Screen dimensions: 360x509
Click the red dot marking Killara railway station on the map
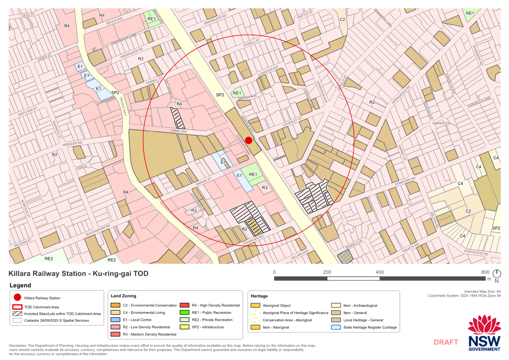pyautogui.click(x=248, y=140)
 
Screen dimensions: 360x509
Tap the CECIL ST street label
pyautogui.click(x=28, y=15)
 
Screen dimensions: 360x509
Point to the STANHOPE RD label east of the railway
pyautogui.click(x=405, y=182)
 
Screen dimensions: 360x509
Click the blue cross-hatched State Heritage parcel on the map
pyautogui.click(x=345, y=257)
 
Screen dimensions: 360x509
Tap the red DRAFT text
pyautogui.click(x=446, y=342)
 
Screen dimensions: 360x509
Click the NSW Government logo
pyautogui.click(x=484, y=334)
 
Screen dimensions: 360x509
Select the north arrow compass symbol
pyautogui.click(x=497, y=275)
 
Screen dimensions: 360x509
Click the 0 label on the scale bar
pyautogui.click(x=274, y=272)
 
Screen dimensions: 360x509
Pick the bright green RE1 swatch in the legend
pyautogui.click(x=184, y=313)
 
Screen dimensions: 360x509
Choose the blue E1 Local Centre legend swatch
pyautogui.click(x=116, y=320)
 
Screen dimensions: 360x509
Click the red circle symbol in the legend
pyautogui.click(x=17, y=297)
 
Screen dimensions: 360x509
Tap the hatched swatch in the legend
pyautogui.click(x=17, y=314)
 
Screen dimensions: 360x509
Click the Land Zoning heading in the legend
pyautogui.click(x=123, y=296)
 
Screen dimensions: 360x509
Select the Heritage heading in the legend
pyautogui.click(x=259, y=296)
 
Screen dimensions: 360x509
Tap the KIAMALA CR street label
pyautogui.click(x=354, y=244)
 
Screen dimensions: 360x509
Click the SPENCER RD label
pyautogui.click(x=72, y=144)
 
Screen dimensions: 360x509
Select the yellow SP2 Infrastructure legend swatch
pyautogui.click(x=184, y=327)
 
